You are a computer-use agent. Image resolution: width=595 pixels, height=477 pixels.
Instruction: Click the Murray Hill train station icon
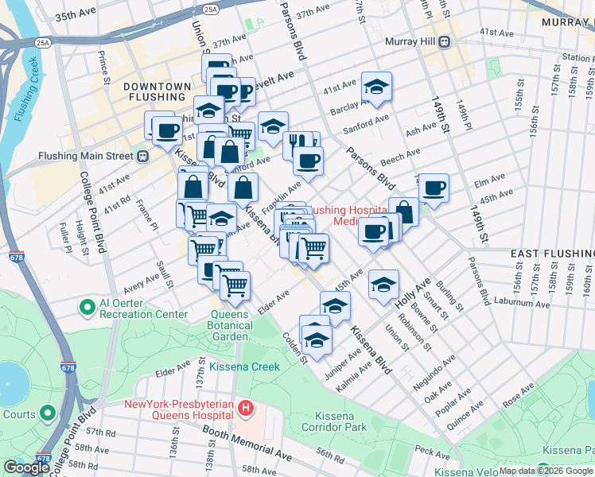[445, 41]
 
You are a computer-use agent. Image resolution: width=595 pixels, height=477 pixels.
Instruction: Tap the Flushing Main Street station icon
[143, 157]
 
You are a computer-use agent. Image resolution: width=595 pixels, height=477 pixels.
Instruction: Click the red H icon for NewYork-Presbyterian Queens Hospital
[246, 409]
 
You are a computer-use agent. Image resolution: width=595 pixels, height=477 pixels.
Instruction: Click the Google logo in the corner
[26, 467]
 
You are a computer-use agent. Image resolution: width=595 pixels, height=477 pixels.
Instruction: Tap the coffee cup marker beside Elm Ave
[434, 188]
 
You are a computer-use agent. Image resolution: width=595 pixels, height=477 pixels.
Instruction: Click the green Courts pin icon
[48, 413]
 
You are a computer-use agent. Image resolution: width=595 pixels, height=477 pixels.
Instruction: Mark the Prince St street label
[103, 68]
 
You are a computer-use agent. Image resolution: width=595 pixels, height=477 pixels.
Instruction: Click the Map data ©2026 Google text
[544, 471]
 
